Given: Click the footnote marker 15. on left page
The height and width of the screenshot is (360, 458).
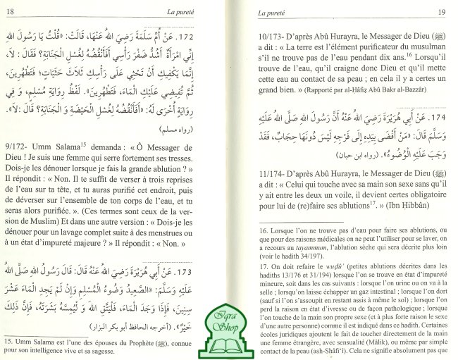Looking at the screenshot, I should coord(14,341).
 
